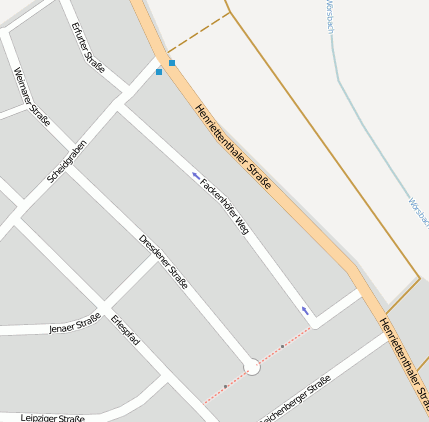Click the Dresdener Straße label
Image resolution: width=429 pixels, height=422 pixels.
(163, 262)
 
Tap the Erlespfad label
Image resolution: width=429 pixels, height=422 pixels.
(126, 331)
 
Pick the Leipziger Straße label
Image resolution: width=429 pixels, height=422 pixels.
(53, 418)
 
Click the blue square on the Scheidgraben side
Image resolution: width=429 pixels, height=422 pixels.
(159, 72)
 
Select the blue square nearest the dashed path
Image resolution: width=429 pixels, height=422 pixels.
(172, 63)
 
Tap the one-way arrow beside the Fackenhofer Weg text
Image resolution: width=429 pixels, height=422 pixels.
(196, 175)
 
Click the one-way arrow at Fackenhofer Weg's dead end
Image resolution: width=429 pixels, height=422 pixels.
(304, 311)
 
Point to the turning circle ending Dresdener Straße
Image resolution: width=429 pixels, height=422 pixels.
(252, 368)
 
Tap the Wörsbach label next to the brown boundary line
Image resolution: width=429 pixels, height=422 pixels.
(417, 212)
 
